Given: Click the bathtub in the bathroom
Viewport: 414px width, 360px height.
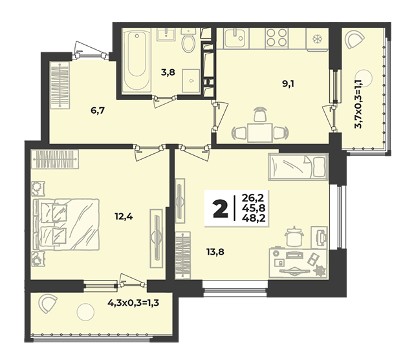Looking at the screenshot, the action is click(x=136, y=61).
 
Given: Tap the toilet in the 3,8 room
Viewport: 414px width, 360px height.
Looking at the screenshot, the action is click(x=189, y=40).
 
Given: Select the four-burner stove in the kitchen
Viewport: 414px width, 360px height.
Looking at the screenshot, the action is click(x=276, y=37).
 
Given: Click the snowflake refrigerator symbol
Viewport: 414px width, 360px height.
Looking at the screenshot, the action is click(x=316, y=39).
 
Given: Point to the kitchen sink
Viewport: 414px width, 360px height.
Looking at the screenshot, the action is click(x=236, y=38).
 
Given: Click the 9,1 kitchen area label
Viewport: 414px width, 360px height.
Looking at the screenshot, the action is click(x=288, y=84).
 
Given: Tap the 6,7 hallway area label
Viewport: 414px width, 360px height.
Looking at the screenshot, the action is click(x=98, y=111).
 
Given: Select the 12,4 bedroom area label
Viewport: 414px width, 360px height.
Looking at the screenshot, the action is click(x=124, y=217).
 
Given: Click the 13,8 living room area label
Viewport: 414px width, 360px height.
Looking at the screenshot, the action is click(x=215, y=252).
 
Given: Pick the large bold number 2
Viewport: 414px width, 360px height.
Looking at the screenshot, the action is click(x=220, y=209).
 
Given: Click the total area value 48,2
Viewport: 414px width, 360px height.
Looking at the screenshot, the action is click(x=254, y=218).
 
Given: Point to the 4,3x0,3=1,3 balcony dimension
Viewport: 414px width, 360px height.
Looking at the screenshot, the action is click(x=133, y=303).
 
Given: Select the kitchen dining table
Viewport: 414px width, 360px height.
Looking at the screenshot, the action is click(x=260, y=132).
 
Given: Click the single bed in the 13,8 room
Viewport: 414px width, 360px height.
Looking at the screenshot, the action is click(x=298, y=167).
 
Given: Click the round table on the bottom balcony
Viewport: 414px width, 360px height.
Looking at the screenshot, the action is click(x=85, y=312).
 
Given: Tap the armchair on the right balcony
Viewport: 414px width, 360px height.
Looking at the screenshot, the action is click(x=354, y=39).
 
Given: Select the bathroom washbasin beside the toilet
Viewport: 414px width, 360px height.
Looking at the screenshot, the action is click(x=166, y=34).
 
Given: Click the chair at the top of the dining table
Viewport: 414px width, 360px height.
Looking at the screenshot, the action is click(x=260, y=114).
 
